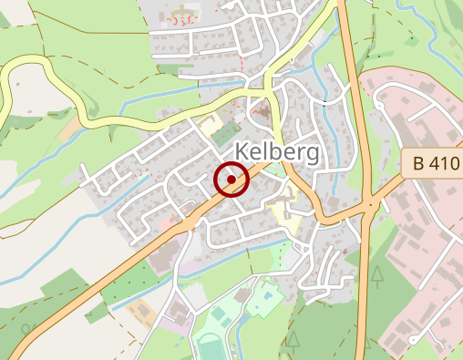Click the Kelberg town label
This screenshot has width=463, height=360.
pyautogui.click(x=277, y=151)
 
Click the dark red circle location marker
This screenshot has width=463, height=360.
pyautogui.click(x=231, y=180)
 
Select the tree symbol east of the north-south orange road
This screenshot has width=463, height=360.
pyautogui.click(x=376, y=276)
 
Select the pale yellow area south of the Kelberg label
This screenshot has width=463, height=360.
pyautogui.click(x=286, y=216)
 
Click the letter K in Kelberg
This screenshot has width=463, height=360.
pyautogui.click(x=243, y=151)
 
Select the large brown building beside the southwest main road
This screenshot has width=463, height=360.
pyautogui.click(x=160, y=259)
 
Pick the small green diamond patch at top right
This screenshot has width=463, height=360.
pyautogui.click(x=412, y=40)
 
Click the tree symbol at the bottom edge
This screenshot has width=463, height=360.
pyautogui.click(x=293, y=341)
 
